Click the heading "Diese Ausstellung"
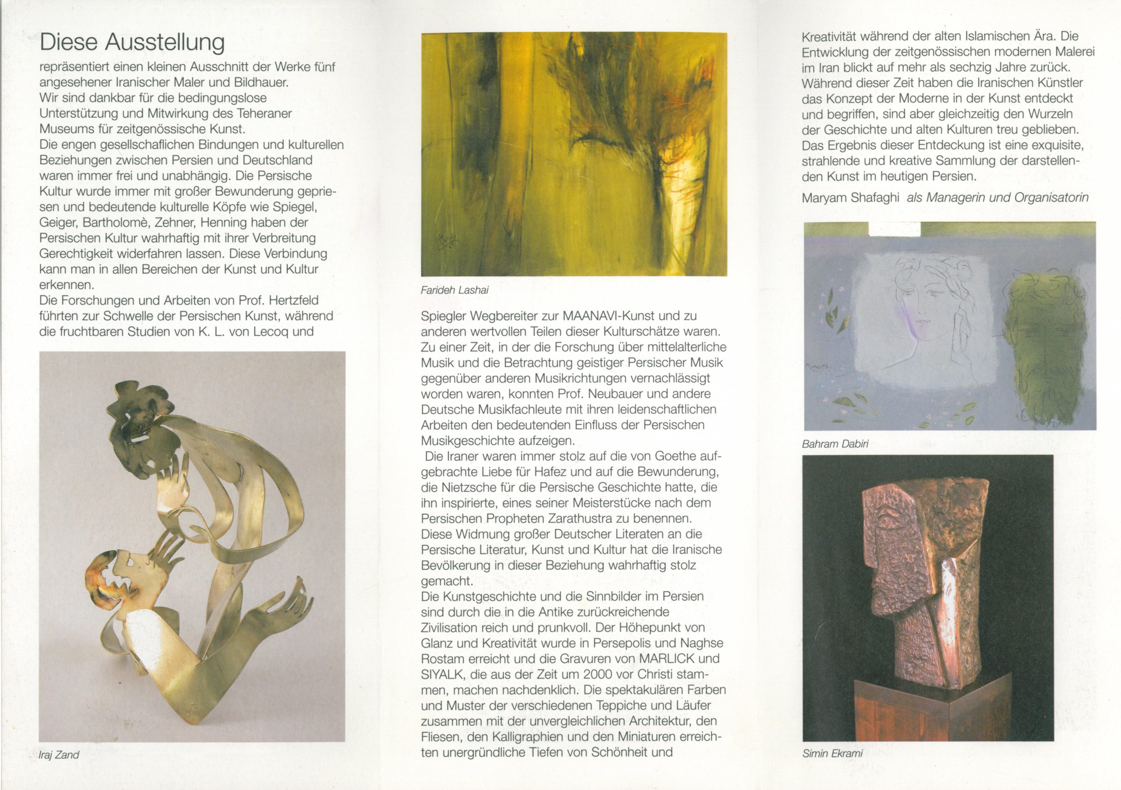point(132,43)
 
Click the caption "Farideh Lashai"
point(454,290)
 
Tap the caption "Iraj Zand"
point(59,755)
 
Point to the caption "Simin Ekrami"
point(832,753)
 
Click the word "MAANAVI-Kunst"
point(603,316)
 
